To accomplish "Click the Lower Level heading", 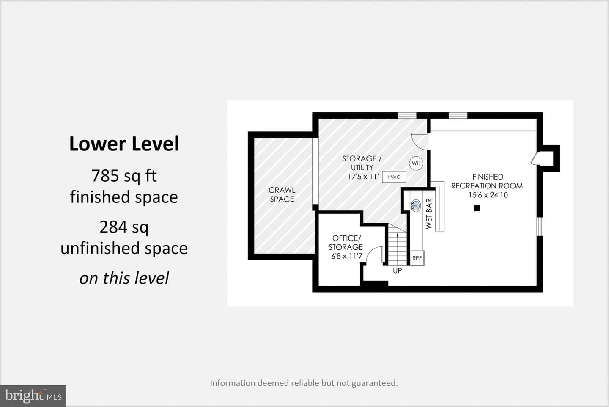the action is [x=124, y=144].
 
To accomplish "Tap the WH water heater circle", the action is [x=416, y=163].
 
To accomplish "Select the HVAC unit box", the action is [x=394, y=177].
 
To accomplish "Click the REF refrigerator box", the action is [x=417, y=258].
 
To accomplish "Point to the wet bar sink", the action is [x=415, y=205].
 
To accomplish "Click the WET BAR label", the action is [x=429, y=213].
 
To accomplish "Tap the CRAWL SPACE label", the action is [x=282, y=194].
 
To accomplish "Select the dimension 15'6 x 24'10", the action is [x=488, y=195].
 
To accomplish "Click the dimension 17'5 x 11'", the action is [x=363, y=177].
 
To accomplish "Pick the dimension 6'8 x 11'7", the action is [x=347, y=256].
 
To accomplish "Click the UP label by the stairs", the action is [x=397, y=271].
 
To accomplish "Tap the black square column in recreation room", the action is [x=477, y=208].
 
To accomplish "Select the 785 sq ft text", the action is [x=124, y=176].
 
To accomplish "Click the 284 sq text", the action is [x=124, y=227].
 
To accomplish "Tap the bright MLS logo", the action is [x=33, y=396].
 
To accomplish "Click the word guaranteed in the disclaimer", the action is [x=374, y=383].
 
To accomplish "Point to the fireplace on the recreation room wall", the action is [x=548, y=158].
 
